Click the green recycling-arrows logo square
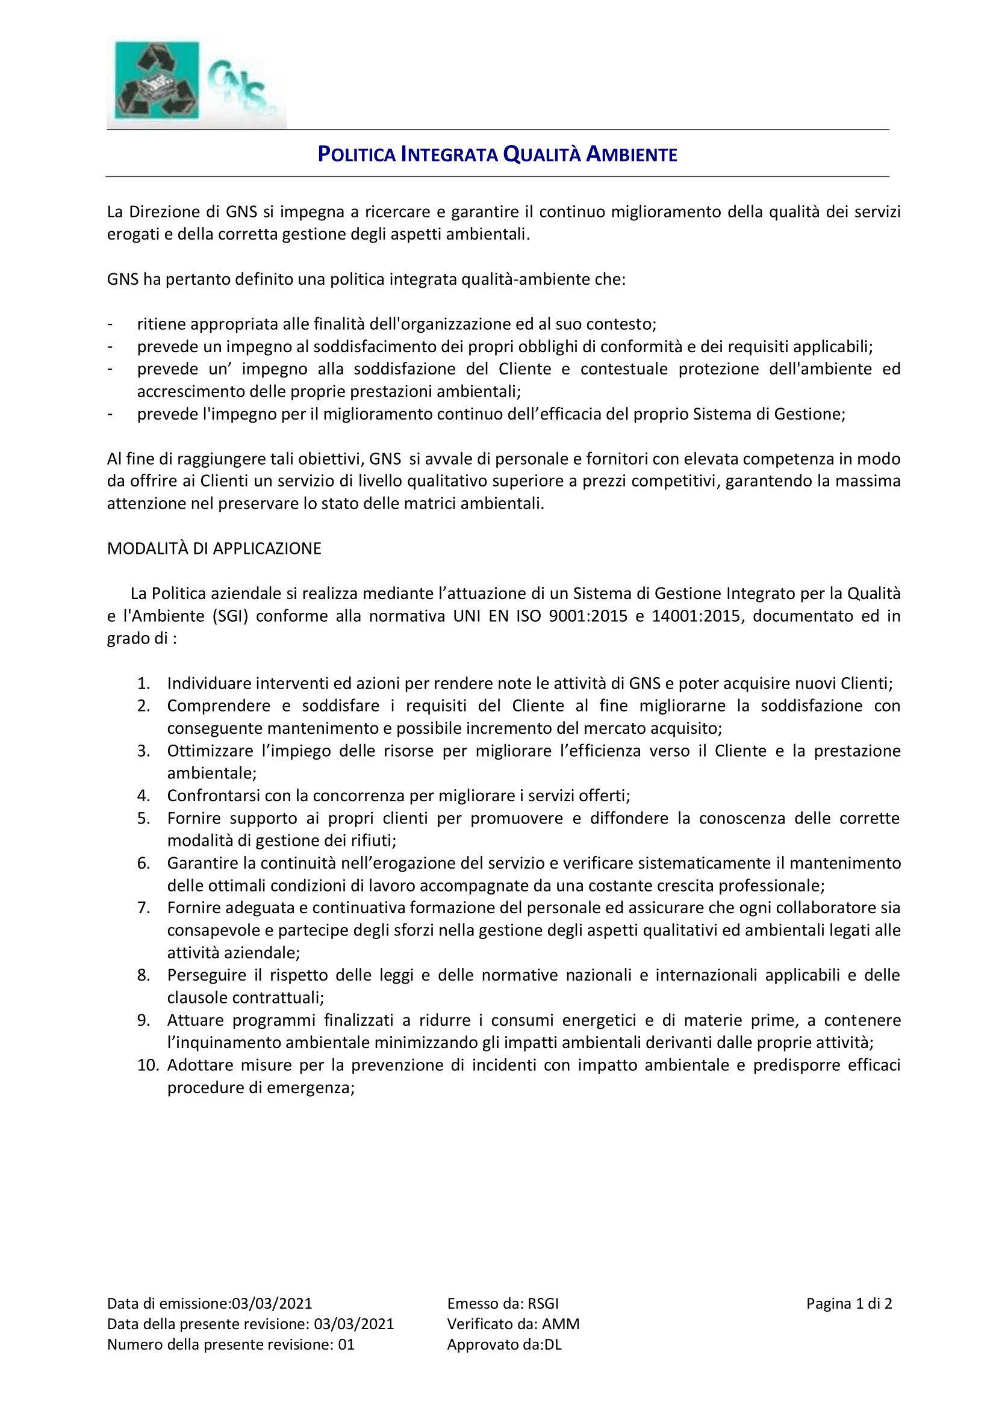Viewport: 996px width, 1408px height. pyautogui.click(x=157, y=79)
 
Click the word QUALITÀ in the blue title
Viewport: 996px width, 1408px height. pyautogui.click(x=541, y=154)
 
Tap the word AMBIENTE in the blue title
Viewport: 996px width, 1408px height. pyautogui.click(x=632, y=154)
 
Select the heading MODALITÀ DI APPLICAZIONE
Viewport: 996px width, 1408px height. pyautogui.click(x=214, y=548)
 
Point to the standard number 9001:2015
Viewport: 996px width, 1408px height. pyautogui.click(x=588, y=616)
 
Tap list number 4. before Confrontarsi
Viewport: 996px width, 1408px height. pyautogui.click(x=143, y=796)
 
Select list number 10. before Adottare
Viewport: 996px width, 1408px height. pyautogui.click(x=148, y=1065)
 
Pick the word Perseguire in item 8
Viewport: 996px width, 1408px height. pyautogui.click(x=206, y=975)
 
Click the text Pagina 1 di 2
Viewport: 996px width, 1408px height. pyautogui.click(x=849, y=1304)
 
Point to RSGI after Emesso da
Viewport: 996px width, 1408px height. pyautogui.click(x=543, y=1304)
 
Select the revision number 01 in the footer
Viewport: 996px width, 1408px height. pyautogui.click(x=346, y=1344)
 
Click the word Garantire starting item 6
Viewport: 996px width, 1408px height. pyautogui.click(x=203, y=863)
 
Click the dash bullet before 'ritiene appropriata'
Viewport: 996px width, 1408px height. pyautogui.click(x=110, y=324)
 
